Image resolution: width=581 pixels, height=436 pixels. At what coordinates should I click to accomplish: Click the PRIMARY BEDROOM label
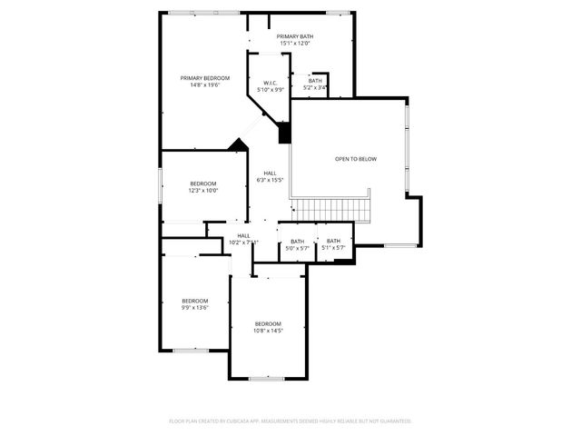pyautogui.click(x=204, y=78)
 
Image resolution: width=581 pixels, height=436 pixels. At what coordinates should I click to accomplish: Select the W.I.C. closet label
pyautogui.click(x=270, y=83)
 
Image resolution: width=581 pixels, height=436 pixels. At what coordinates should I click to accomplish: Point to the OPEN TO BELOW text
pyautogui.click(x=355, y=159)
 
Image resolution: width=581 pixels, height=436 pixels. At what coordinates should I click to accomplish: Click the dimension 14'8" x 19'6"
pyautogui.click(x=204, y=85)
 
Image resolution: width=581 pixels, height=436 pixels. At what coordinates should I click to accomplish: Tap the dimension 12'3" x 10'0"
pyautogui.click(x=203, y=191)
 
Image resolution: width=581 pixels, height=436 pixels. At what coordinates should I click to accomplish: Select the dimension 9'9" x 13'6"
pyautogui.click(x=194, y=308)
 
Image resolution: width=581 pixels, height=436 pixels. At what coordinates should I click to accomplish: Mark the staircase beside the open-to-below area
pyautogui.click(x=336, y=210)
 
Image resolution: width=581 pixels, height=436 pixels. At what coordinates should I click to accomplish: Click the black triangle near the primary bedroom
pyautogui.click(x=239, y=144)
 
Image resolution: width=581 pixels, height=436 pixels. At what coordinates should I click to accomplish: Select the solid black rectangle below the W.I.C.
pyautogui.click(x=284, y=133)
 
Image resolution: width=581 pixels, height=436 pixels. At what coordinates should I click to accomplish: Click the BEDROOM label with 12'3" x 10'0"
pyautogui.click(x=203, y=183)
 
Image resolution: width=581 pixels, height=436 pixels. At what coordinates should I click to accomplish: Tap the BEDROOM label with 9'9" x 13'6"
pyautogui.click(x=194, y=301)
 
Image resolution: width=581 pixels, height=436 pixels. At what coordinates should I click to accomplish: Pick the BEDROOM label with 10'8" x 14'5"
pyautogui.click(x=268, y=324)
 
